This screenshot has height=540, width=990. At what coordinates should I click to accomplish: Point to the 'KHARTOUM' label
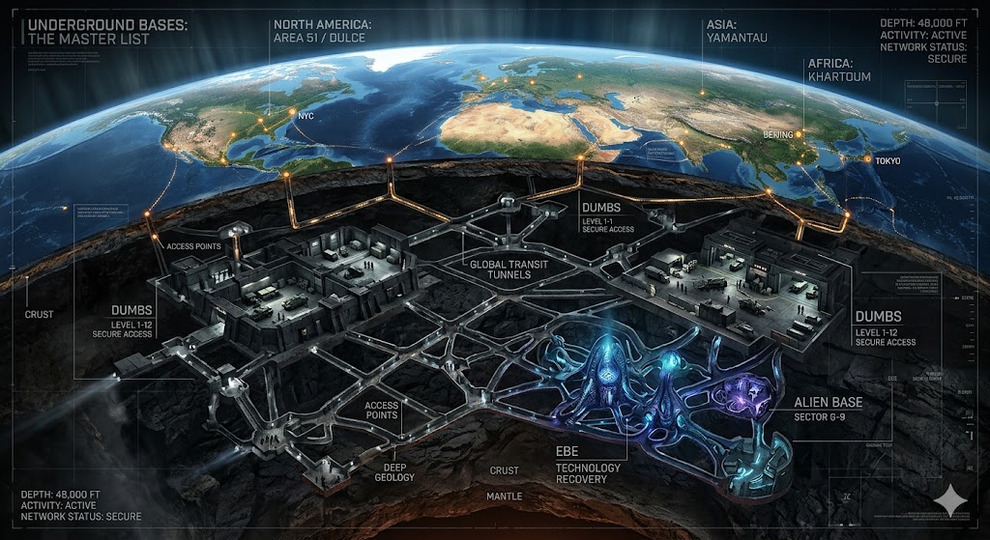pos(838,76)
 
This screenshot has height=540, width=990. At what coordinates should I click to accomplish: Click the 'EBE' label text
pos(568,451)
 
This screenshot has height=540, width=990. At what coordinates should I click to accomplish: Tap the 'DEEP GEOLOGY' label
pos(394,470)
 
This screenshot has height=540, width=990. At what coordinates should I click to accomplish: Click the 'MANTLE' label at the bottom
pos(504,496)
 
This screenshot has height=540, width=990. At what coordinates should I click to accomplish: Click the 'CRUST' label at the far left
pos(40,315)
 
